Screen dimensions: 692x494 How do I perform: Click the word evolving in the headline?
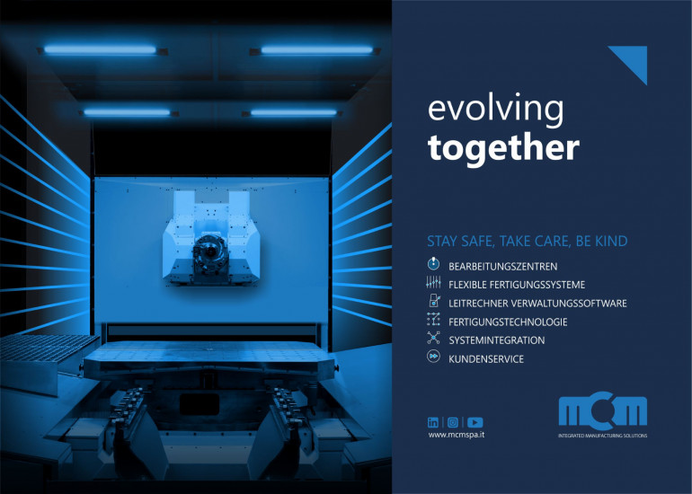click(x=495, y=110)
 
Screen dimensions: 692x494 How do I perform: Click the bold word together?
click(x=503, y=148)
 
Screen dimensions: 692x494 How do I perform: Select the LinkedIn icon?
click(x=433, y=422)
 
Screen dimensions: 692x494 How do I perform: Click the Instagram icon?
click(x=453, y=422)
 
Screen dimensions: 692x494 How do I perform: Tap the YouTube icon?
click(x=475, y=422)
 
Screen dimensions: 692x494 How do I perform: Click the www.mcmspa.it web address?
click(x=457, y=435)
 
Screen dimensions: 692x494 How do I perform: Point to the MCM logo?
click(x=602, y=411)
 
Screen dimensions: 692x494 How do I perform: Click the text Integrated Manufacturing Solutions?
click(x=602, y=436)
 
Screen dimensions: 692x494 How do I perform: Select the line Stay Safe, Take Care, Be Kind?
click(x=527, y=242)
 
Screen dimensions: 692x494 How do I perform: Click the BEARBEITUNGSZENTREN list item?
click(x=502, y=267)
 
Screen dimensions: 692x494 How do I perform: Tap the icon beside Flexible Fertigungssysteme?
click(x=433, y=282)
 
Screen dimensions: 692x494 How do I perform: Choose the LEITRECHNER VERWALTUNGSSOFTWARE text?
click(x=537, y=304)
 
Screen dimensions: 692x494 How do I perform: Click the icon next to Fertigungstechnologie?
click(x=433, y=319)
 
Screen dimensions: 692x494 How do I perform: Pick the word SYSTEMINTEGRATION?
click(x=496, y=340)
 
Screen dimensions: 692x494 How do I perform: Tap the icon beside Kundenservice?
click(x=433, y=357)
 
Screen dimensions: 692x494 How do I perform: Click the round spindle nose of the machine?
click(x=210, y=251)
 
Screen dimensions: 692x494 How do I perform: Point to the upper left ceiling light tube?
click(x=100, y=49)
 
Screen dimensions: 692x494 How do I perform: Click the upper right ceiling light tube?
click(x=317, y=50)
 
